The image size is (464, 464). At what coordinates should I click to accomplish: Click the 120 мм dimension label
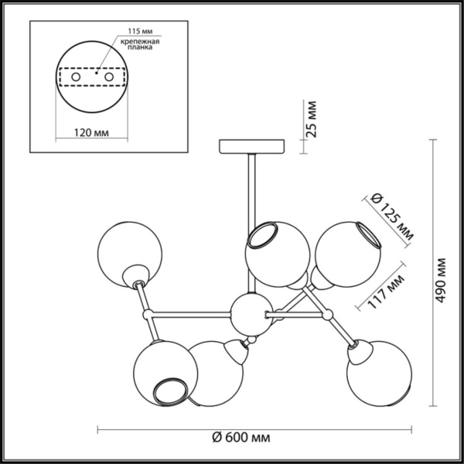[x=91, y=132]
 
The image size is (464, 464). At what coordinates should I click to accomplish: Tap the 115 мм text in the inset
[x=140, y=31]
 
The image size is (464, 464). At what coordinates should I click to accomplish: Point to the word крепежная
[x=140, y=42]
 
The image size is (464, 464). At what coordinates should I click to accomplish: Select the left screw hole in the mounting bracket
[x=76, y=77]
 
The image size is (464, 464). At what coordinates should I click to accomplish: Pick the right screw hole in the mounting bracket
[x=109, y=77]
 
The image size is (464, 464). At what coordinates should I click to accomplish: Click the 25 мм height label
[x=312, y=119]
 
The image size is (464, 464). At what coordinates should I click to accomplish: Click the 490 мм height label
[x=441, y=280]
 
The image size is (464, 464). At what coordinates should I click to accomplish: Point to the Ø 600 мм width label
[x=241, y=438]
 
